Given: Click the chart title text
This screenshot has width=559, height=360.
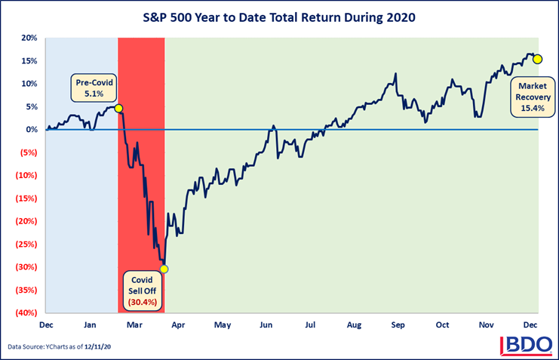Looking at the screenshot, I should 279,15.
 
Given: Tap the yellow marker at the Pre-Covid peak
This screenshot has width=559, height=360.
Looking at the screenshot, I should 118,109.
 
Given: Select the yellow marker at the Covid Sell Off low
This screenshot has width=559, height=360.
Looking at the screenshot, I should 164,269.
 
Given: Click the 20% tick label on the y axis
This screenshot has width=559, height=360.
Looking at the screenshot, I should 29,38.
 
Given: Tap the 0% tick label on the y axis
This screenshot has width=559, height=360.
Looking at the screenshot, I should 31,130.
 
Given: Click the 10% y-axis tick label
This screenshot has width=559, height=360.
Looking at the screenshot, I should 29,84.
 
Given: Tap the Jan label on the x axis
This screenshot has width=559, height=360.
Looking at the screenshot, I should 90,325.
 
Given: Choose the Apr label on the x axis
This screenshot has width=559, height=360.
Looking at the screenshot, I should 178,325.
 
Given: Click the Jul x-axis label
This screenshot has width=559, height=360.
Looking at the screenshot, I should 310,325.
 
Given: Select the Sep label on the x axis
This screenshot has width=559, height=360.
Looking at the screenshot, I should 398,325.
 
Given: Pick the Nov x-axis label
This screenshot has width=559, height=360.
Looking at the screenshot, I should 487,325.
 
